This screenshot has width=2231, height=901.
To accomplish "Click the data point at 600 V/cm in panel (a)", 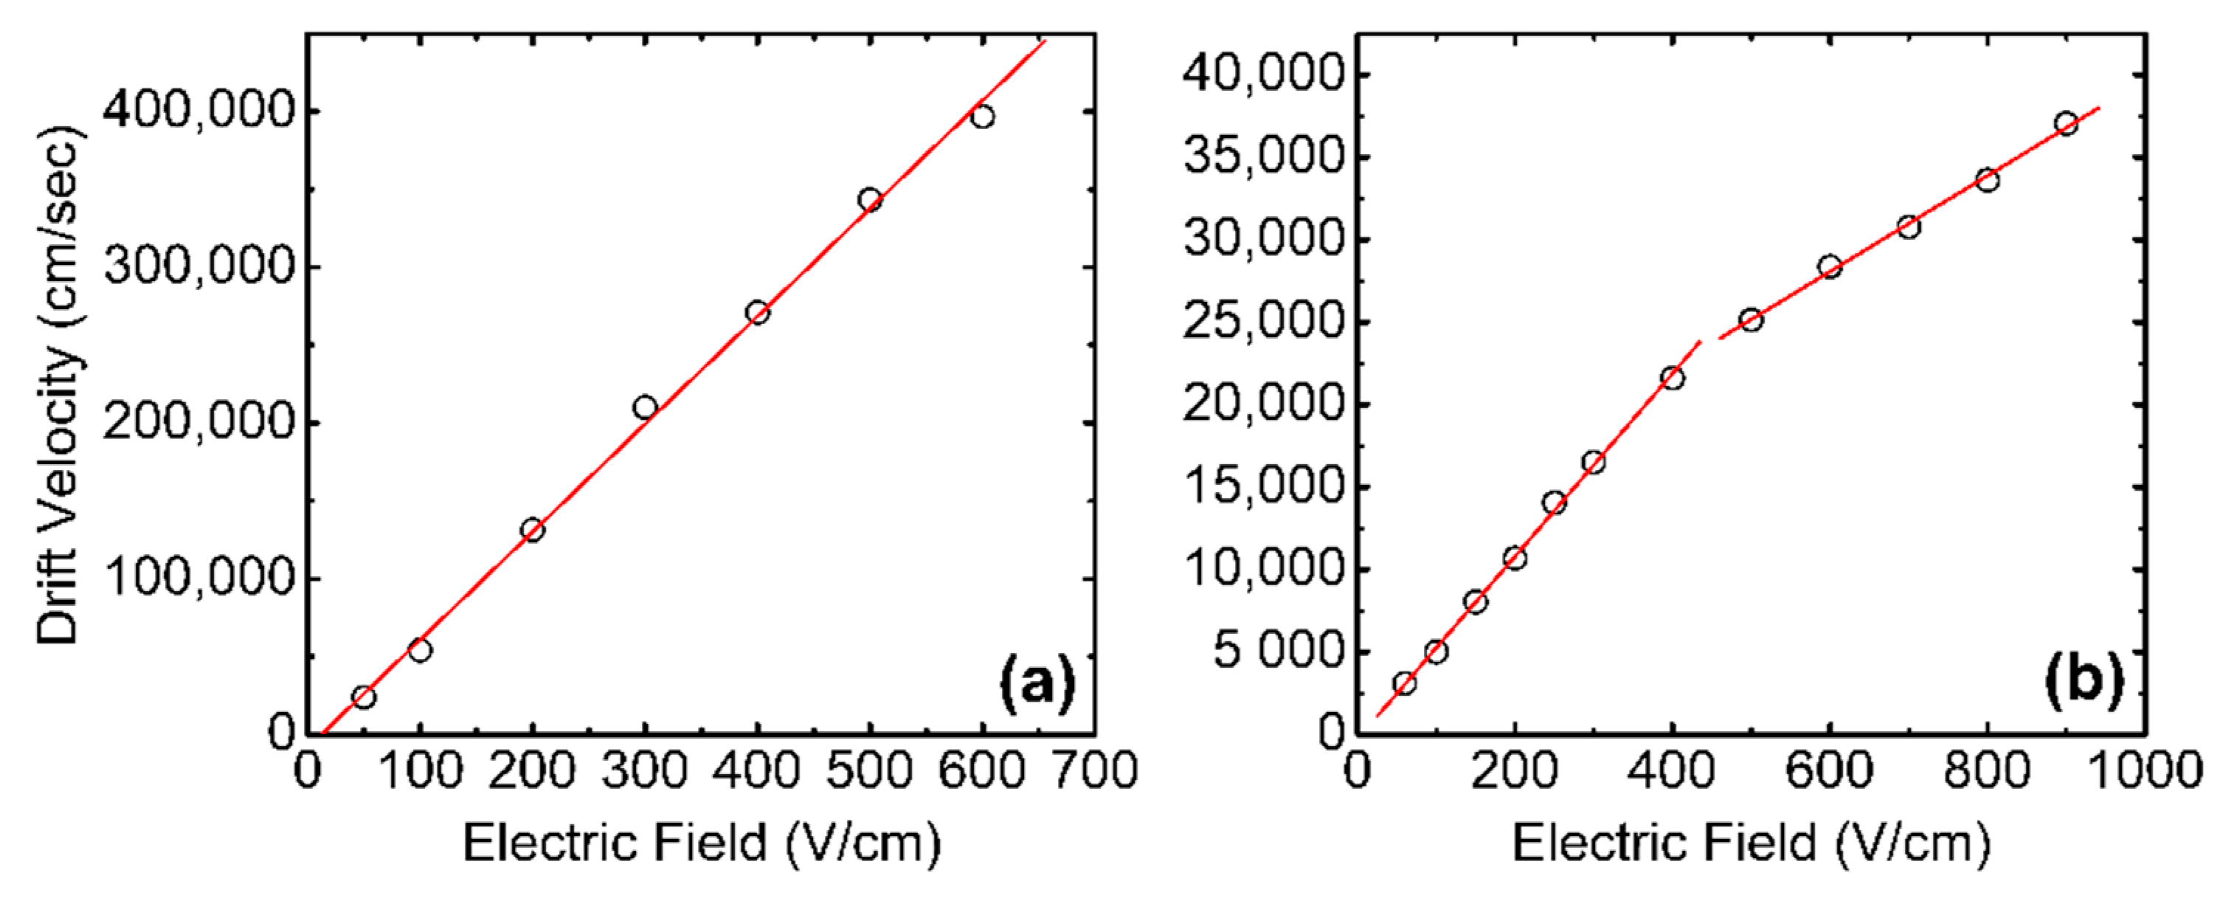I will pyautogui.click(x=982, y=116).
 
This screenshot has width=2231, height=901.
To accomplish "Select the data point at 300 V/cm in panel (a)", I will pyautogui.click(x=644, y=407).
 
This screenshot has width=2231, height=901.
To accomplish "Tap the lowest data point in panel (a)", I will pyautogui.click(x=364, y=697).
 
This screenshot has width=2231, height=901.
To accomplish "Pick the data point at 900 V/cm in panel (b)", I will pyautogui.click(x=2066, y=124).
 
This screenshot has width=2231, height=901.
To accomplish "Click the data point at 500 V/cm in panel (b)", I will pyautogui.click(x=1751, y=320).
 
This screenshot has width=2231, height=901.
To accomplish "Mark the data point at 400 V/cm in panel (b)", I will pyautogui.click(x=1673, y=378).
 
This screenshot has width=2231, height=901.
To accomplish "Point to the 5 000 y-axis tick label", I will pyautogui.click(x=1279, y=651).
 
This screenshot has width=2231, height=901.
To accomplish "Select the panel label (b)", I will pyautogui.click(x=2086, y=682).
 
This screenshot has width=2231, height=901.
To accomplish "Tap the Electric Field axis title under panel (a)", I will pyautogui.click(x=702, y=843).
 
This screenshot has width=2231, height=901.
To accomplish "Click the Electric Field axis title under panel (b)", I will pyautogui.click(x=1751, y=843).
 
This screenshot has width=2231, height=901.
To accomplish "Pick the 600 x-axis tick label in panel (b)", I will pyautogui.click(x=1829, y=770).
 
